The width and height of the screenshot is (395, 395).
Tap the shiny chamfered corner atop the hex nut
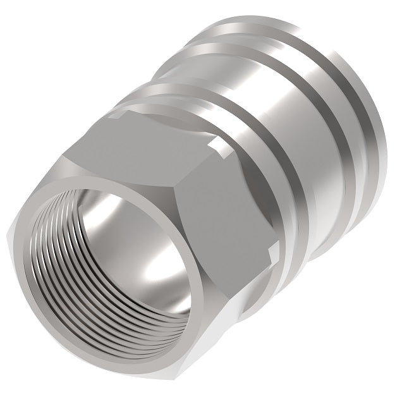(x=120, y=114)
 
